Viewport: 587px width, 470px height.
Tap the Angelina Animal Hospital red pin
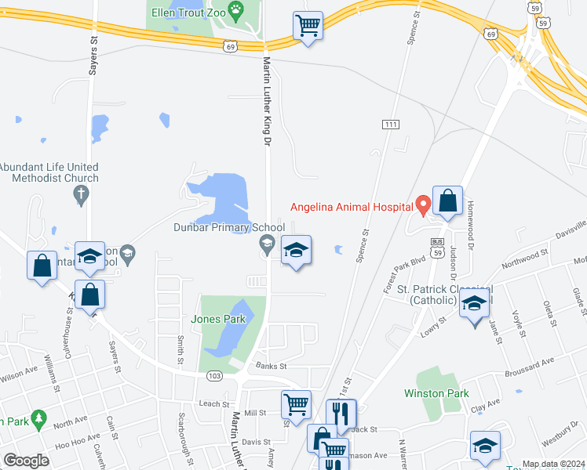pyautogui.click(x=423, y=204)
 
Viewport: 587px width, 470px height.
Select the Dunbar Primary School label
pyautogui.click(x=229, y=228)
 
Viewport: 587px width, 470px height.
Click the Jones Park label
pyautogui.click(x=218, y=319)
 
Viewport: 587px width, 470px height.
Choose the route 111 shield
pyautogui.click(x=390, y=125)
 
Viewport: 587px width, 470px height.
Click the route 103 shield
pyautogui.click(x=216, y=376)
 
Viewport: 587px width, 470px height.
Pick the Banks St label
pyautogui.click(x=272, y=366)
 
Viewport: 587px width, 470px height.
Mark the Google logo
pyautogui.click(x=27, y=461)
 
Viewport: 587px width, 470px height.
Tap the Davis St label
pyautogui.click(x=256, y=442)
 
